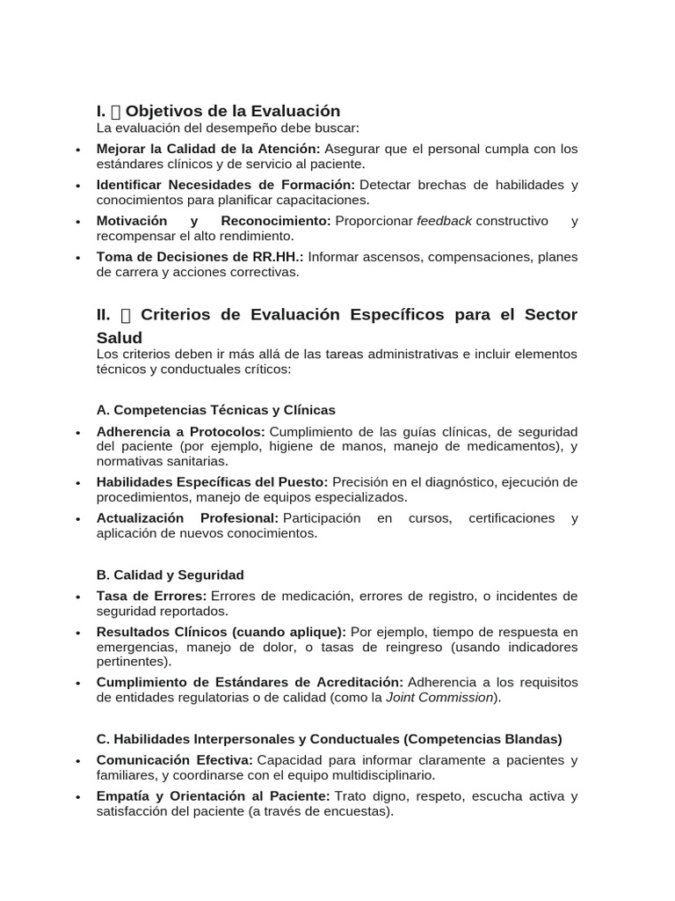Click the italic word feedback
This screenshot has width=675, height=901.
point(444,221)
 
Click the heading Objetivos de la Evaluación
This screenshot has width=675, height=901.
point(232,111)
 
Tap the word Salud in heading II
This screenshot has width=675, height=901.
point(119,338)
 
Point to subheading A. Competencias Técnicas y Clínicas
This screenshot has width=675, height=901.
point(215,410)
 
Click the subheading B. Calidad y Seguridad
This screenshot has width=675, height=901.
point(170,575)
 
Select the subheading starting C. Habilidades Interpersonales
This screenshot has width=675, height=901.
point(329,739)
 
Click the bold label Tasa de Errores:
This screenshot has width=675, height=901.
point(152,596)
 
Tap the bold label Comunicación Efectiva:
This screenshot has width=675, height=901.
point(174,760)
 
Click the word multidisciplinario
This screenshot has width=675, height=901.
point(379,775)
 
